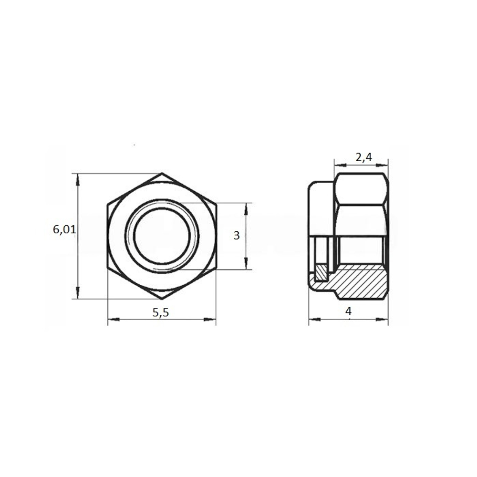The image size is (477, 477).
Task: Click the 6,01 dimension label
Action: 64,229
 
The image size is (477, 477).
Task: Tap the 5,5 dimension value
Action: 160,312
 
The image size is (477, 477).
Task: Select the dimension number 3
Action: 237,236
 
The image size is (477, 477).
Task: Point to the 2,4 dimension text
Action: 363,157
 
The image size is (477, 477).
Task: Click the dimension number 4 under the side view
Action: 348,311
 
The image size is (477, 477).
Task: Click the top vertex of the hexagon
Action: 162,174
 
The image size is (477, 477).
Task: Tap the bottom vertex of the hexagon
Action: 162,299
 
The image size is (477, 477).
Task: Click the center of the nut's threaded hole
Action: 162,236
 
